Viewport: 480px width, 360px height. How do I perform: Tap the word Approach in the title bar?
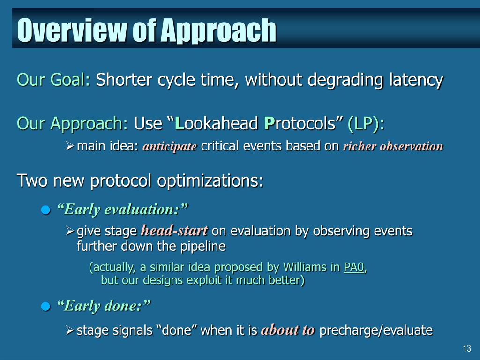click(218, 30)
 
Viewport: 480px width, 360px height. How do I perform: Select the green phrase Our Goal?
click(53, 80)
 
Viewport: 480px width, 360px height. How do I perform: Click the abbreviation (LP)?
click(366, 124)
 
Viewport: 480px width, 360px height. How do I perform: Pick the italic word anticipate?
click(170, 146)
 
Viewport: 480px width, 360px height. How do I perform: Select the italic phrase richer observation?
click(393, 146)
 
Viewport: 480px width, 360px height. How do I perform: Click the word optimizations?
click(210, 180)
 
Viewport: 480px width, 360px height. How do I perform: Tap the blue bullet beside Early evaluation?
click(45, 210)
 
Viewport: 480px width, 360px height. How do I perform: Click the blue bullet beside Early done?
click(45, 306)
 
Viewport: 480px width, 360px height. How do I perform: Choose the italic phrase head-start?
click(174, 231)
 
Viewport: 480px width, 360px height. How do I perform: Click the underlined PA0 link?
click(354, 267)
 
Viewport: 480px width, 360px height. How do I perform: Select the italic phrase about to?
click(288, 330)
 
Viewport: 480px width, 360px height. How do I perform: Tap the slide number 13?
click(467, 348)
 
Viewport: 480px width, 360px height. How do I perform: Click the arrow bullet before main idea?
click(70, 146)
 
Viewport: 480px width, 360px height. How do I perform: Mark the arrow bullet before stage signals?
click(70, 330)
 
